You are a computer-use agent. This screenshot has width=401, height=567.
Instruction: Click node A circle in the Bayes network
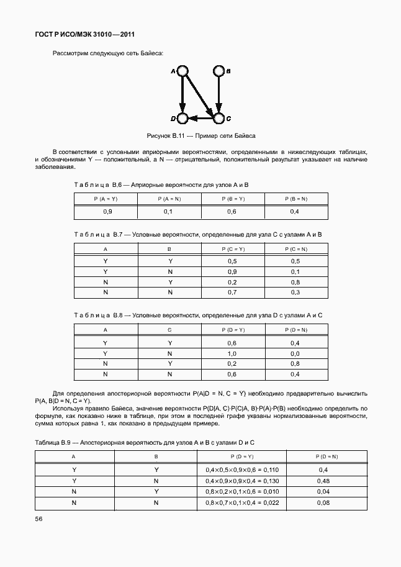point(182,71)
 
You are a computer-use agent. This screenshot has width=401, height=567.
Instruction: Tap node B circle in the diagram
point(218,71)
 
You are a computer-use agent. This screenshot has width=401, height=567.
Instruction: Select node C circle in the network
point(218,117)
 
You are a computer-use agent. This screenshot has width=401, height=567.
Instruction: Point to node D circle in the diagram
point(182,117)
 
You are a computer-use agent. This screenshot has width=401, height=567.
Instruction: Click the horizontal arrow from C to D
point(200,117)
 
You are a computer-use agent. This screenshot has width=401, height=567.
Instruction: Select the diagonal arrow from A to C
point(200,94)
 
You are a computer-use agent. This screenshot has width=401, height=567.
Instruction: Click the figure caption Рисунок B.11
point(200,135)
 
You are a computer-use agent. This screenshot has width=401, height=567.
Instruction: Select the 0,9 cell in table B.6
point(107,212)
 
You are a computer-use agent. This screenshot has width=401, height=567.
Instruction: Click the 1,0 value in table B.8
point(232,353)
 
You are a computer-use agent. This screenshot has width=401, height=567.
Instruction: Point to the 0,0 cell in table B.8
point(295,353)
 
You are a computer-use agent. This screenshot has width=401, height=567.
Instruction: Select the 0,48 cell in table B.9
point(323,480)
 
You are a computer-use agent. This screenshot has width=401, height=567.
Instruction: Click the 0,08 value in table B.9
point(323,502)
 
